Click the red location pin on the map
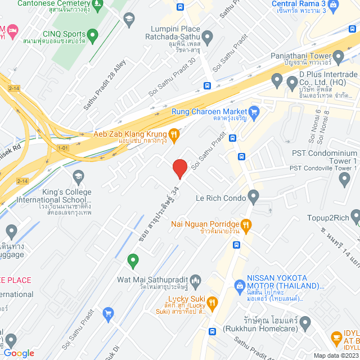179,168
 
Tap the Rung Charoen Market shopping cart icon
253,111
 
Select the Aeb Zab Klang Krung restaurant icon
174,134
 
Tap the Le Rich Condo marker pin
253,197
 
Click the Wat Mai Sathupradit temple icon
196,280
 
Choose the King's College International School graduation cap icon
78,177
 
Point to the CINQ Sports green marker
92,35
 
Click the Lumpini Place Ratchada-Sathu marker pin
208,39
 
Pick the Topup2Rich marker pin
355,217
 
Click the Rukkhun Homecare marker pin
305,323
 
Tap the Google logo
19,353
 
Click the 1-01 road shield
62,148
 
